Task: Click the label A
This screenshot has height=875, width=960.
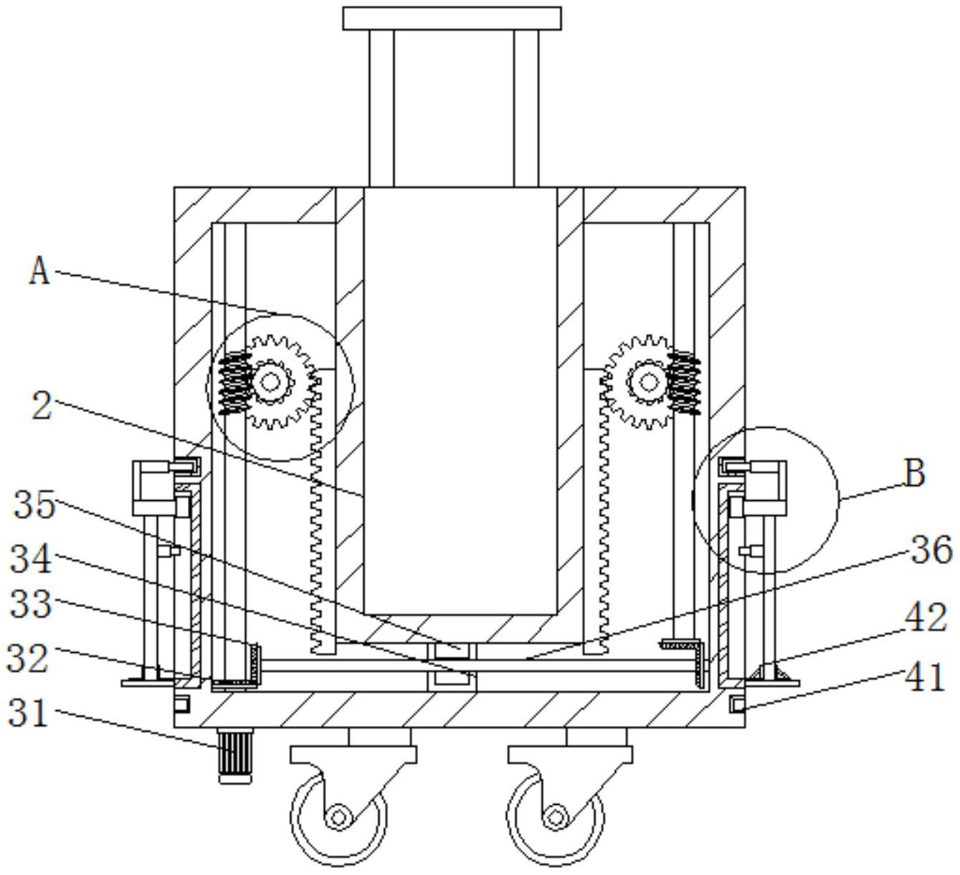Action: tap(39, 272)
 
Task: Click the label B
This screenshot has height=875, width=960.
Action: tap(914, 474)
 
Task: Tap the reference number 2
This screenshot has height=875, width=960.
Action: tap(43, 406)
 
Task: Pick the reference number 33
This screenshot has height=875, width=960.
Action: tap(31, 605)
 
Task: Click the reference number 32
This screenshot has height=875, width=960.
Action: tap(28, 658)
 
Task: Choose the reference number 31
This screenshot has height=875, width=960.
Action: tap(28, 714)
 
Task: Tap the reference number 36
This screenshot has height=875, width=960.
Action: tap(931, 550)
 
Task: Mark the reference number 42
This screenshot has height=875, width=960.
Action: tap(926, 617)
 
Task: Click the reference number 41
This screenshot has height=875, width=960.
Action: tap(926, 676)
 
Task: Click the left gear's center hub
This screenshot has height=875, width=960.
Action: tap(270, 382)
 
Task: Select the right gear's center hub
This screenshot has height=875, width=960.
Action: tap(649, 381)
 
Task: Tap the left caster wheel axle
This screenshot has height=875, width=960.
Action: tap(337, 817)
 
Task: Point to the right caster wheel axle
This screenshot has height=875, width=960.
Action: tap(554, 817)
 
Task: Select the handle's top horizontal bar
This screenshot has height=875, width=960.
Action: tap(452, 18)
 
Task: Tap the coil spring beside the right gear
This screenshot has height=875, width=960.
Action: tap(684, 382)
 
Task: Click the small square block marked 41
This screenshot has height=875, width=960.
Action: tap(736, 705)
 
